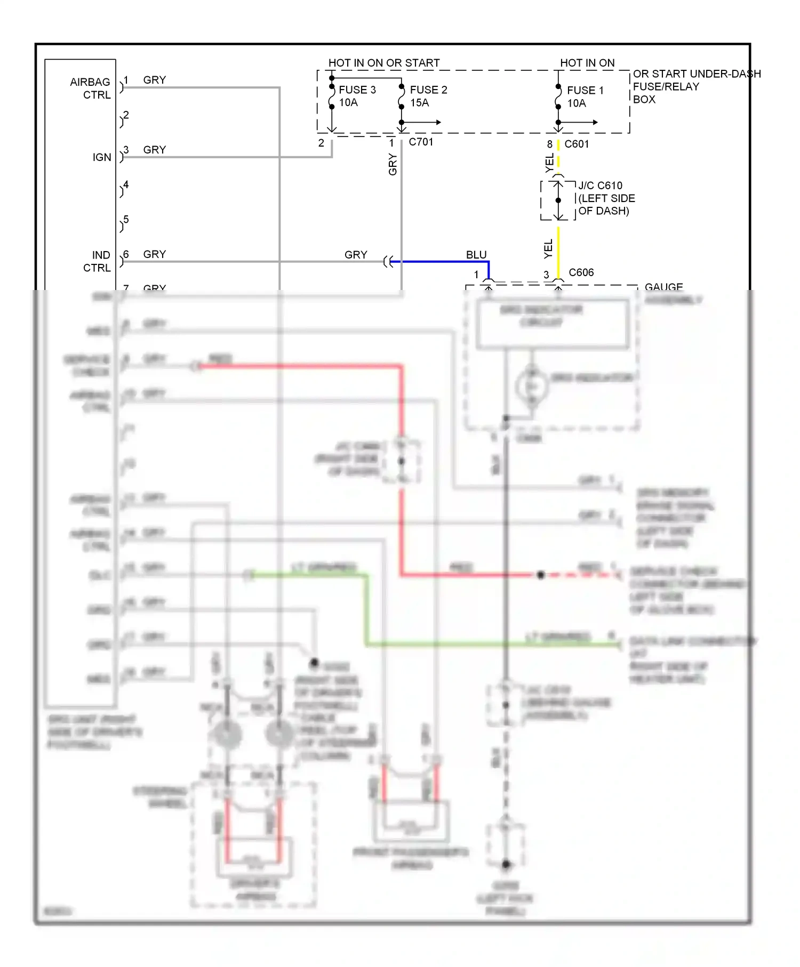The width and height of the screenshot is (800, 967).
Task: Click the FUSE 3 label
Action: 357,90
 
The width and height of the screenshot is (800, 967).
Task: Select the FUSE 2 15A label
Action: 428,96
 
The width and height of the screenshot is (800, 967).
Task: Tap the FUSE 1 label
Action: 585,90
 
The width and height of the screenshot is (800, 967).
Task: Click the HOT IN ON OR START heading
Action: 383,63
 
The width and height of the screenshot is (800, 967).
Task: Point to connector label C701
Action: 421,142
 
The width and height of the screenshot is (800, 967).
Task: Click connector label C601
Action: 576,144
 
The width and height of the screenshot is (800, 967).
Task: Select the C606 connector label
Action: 581,272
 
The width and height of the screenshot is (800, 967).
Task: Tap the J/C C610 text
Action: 600,186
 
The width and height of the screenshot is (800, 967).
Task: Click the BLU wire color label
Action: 476,255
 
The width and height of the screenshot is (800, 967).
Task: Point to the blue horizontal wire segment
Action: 443,262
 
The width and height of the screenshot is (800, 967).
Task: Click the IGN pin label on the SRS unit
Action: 102,157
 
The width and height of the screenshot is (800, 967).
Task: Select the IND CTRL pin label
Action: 97,261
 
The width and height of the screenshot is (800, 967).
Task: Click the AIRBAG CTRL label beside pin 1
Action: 90,88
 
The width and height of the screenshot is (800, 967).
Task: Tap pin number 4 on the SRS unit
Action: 126,185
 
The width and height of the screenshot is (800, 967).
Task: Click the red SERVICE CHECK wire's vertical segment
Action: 401,405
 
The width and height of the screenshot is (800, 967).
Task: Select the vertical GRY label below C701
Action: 393,164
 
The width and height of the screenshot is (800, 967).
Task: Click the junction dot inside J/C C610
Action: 558,200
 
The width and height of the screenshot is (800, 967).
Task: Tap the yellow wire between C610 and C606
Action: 558,251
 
